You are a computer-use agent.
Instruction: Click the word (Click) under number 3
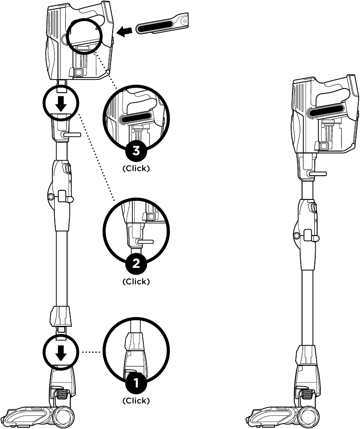pyautogui.click(x=136, y=168)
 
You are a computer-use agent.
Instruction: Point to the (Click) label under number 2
pyautogui.click(x=136, y=281)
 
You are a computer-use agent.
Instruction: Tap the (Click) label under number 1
pyautogui.click(x=136, y=401)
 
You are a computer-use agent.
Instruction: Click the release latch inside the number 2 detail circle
pyautogui.click(x=145, y=240)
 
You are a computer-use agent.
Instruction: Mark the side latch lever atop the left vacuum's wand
pyautogui.click(x=72, y=135)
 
